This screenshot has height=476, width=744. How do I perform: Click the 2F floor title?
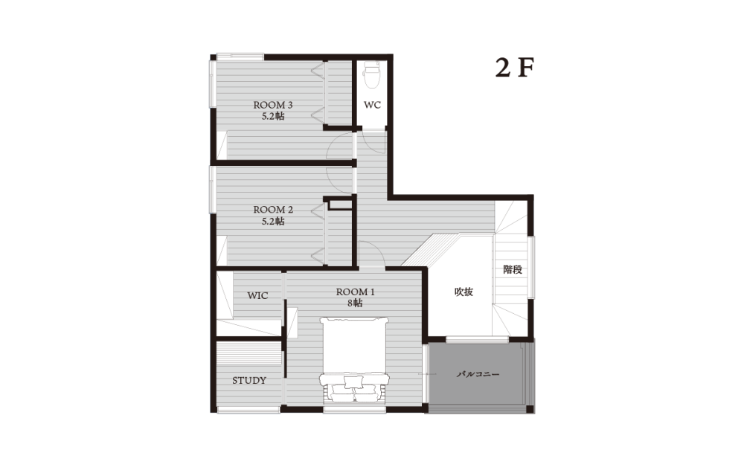pyautogui.click(x=515, y=68)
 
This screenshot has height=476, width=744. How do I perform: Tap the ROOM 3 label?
pyautogui.click(x=273, y=105)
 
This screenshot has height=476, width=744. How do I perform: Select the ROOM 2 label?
pyautogui.click(x=273, y=210)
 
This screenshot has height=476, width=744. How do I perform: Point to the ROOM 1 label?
pyautogui.click(x=356, y=292)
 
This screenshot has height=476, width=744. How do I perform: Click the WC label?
pyautogui.click(x=373, y=105)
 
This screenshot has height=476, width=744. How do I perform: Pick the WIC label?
pyautogui.click(x=257, y=295)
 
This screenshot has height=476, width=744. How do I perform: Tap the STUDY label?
pyautogui.click(x=249, y=380)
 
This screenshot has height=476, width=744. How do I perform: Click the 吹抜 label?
pyautogui.click(x=464, y=292)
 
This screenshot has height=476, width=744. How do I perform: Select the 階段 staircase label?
pyautogui.click(x=513, y=270)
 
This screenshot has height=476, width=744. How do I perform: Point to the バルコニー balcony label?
pyautogui.click(x=478, y=374)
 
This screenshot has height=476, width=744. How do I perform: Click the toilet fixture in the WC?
pyautogui.click(x=371, y=74)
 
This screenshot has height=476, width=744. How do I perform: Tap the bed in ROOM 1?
pyautogui.click(x=355, y=359)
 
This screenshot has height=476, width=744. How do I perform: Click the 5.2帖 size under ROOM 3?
pyautogui.click(x=273, y=116)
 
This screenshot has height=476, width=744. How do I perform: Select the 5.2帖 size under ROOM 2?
pyautogui.click(x=273, y=221)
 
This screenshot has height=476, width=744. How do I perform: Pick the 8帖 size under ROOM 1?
pyautogui.click(x=356, y=303)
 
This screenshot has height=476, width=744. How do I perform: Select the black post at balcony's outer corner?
pyautogui.click(x=530, y=409)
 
